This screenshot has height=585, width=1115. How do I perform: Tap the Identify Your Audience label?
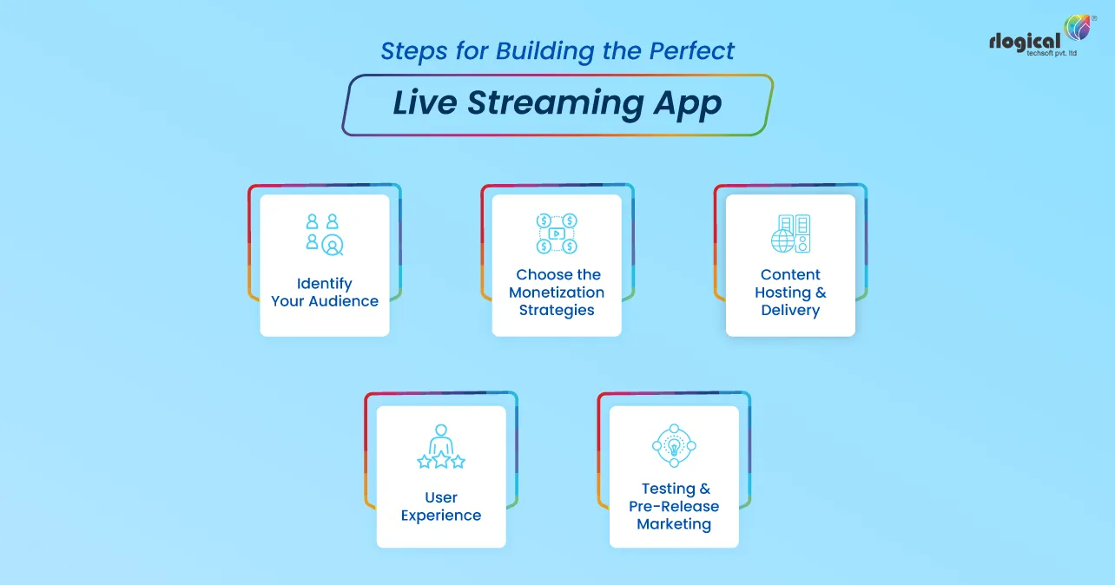click(x=325, y=292)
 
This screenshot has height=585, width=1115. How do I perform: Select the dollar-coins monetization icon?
click(x=557, y=233)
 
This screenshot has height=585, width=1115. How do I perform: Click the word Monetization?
click(x=557, y=292)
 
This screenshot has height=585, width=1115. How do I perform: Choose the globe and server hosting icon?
click(x=790, y=234)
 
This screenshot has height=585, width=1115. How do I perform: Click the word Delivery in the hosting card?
click(x=790, y=310)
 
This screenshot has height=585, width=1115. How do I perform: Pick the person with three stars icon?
click(x=441, y=447)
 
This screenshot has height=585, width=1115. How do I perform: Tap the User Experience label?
click(x=441, y=506)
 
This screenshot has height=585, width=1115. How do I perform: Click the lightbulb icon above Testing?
click(x=674, y=446)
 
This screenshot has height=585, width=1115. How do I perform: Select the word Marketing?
click(x=674, y=524)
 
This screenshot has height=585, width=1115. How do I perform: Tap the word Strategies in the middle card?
click(x=557, y=310)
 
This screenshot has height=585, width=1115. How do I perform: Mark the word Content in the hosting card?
click(x=790, y=274)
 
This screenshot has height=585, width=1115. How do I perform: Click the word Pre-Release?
click(x=674, y=506)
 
